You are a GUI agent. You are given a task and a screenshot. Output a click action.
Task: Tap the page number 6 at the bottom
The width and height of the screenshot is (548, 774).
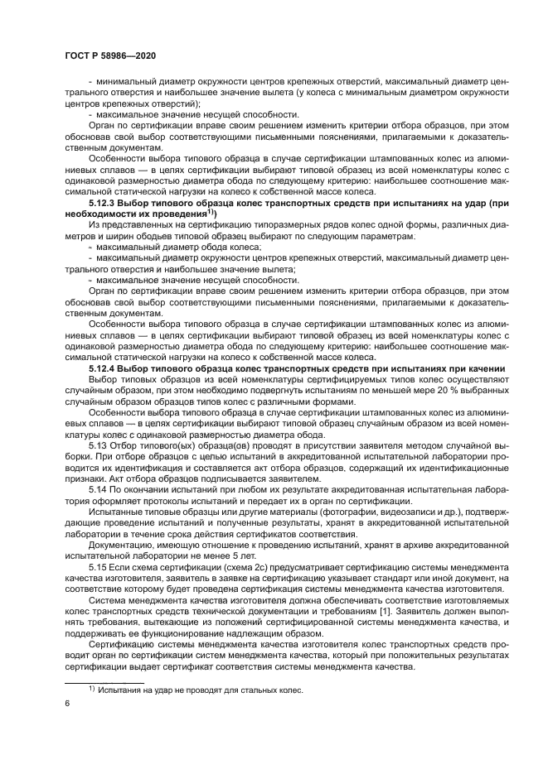point(66,704)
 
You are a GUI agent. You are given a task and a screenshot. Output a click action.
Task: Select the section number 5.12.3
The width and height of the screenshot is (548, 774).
point(104,202)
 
